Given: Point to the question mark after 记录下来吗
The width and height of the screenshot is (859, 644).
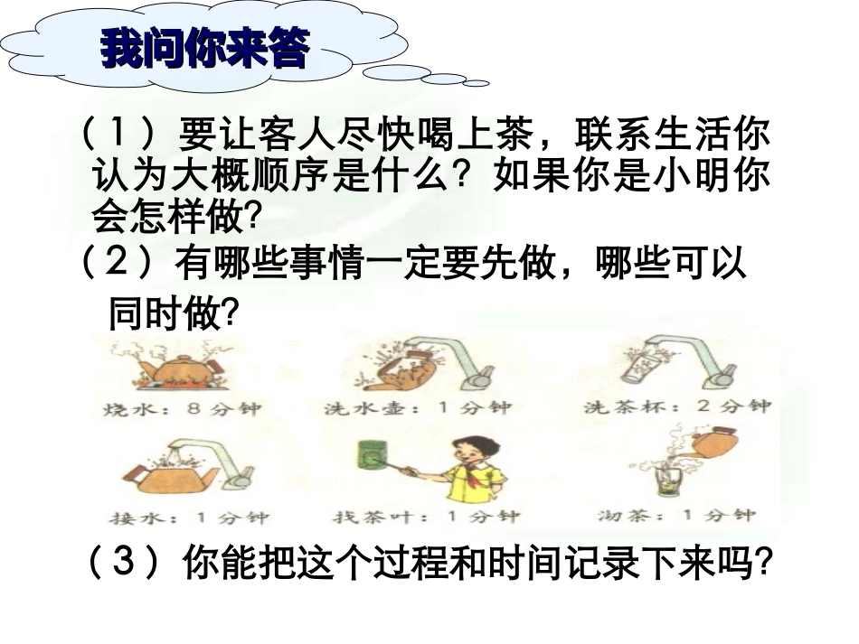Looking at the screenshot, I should (x=764, y=565).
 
